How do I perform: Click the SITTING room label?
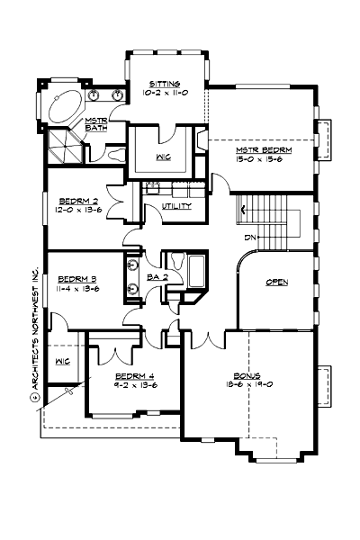tap(165, 82)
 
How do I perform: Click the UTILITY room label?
tap(176, 206)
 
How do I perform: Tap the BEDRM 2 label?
tap(78, 201)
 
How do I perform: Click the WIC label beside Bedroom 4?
tap(62, 362)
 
